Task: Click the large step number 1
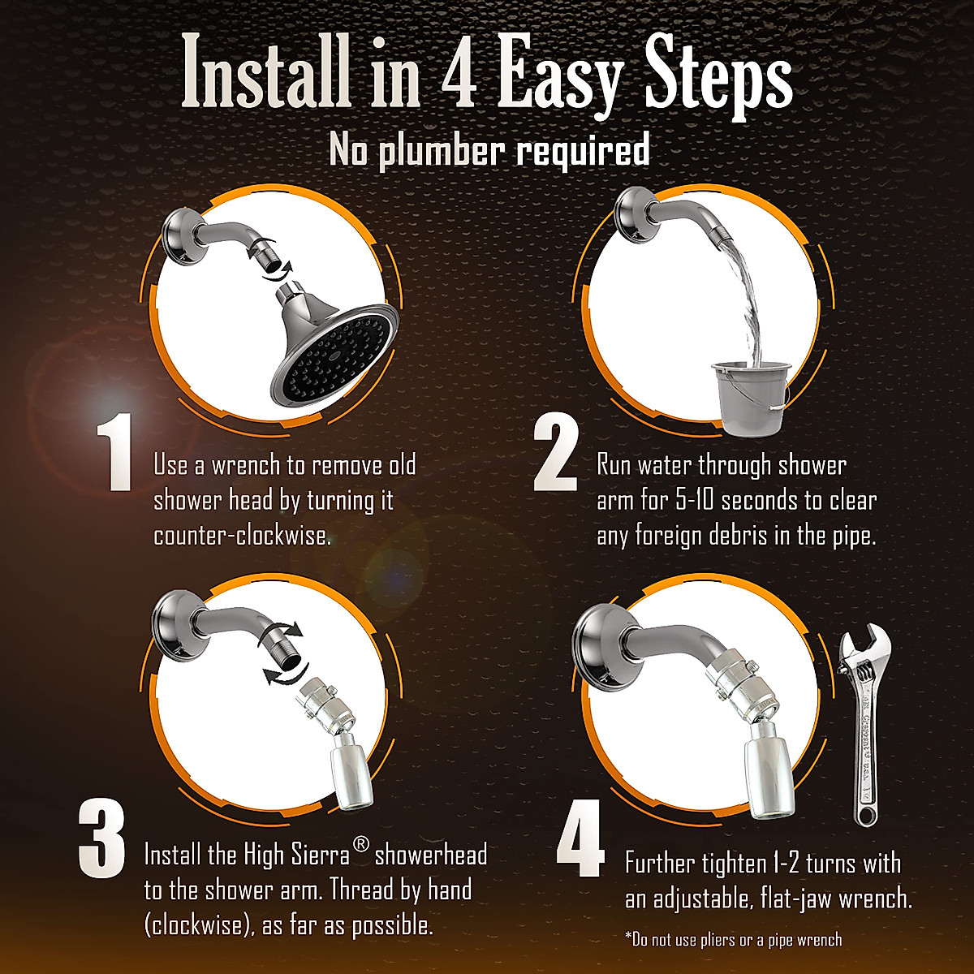click(x=115, y=452)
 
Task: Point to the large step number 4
click(x=580, y=839)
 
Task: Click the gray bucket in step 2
click(x=750, y=398)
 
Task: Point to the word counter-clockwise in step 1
click(x=242, y=536)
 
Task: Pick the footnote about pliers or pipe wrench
click(x=734, y=939)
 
